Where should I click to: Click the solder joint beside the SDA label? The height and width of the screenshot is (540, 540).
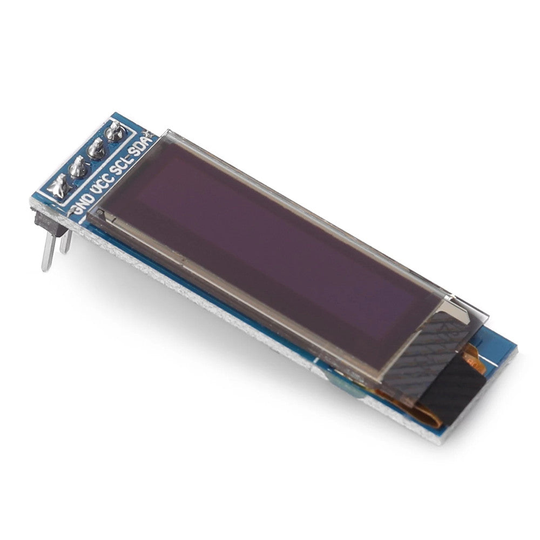tap(114, 131)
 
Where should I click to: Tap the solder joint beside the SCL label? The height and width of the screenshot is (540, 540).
tap(97, 148)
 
